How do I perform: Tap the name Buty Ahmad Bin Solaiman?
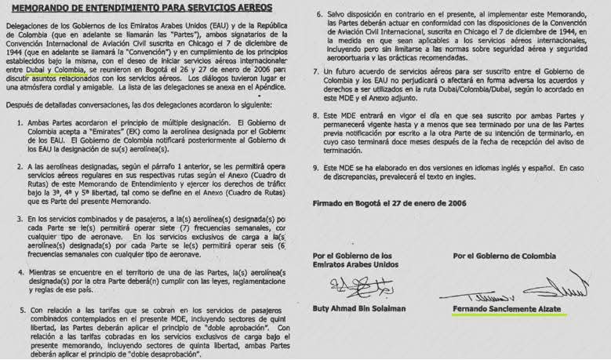(x=359, y=309)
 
